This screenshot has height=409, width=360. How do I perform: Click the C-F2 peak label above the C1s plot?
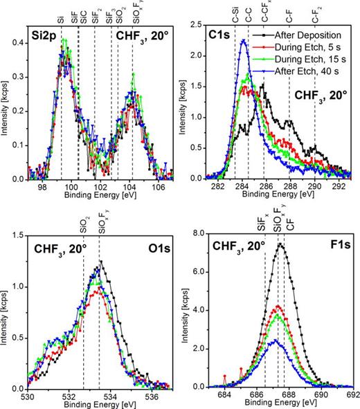click(316, 14)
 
